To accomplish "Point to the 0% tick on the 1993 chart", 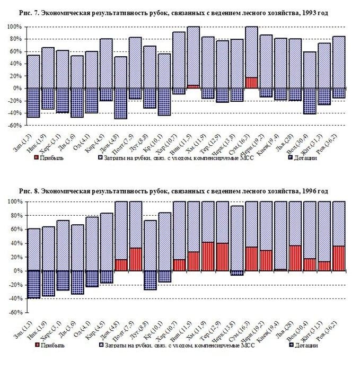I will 16,88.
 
